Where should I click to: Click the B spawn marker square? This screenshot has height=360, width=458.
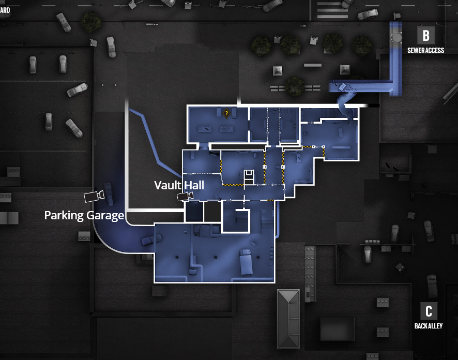tap(426, 35)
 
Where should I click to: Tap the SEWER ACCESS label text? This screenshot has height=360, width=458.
tap(425, 51)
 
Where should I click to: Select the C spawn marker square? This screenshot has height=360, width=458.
tap(429, 311)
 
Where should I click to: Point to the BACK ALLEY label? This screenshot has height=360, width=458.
tap(429, 326)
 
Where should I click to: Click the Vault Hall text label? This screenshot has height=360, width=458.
tap(179, 185)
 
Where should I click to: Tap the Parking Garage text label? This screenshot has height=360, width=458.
tap(84, 215)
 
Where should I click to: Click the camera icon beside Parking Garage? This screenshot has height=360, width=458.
tap(94, 196)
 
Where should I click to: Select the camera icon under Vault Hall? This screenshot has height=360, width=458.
tap(185, 196)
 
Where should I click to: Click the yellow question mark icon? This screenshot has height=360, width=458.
tap(226, 112)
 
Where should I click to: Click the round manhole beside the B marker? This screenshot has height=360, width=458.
tap(398, 37)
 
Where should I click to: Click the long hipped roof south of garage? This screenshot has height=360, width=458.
tap(288, 318)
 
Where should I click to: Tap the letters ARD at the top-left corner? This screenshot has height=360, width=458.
tap(5, 10)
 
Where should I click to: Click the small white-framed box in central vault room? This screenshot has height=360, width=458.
tap(249, 176)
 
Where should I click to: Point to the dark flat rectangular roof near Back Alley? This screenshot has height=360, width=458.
tap(337, 328)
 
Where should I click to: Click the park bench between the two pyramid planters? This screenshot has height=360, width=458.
tap(312, 66)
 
